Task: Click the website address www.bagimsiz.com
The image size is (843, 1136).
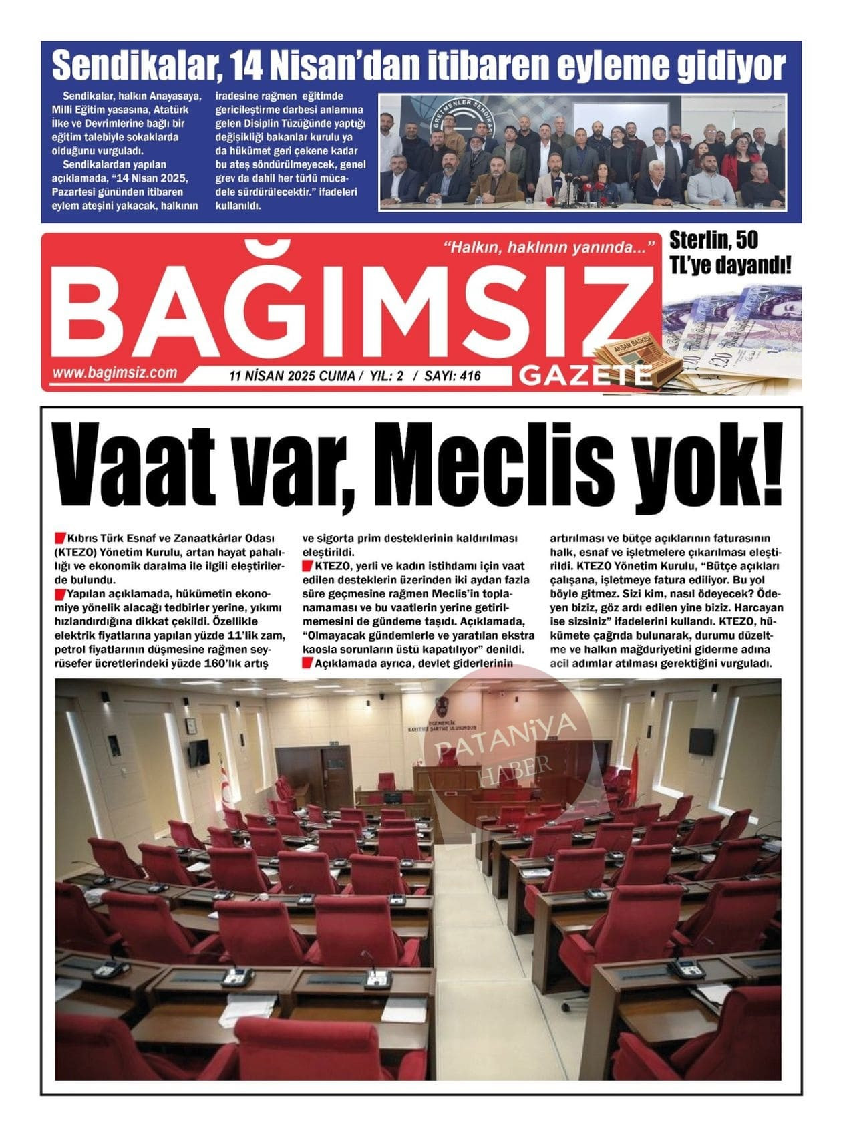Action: click(x=115, y=373)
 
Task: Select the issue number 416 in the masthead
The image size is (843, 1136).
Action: click(x=470, y=376)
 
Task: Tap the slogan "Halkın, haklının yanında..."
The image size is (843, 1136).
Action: click(x=548, y=248)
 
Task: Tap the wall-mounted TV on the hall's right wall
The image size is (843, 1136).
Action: click(x=701, y=740)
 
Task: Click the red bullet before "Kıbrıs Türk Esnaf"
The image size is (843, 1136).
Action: click(x=61, y=537)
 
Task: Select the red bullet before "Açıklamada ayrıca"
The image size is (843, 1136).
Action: click(x=307, y=664)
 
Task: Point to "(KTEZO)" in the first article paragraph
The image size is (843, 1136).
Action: click(x=77, y=552)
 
